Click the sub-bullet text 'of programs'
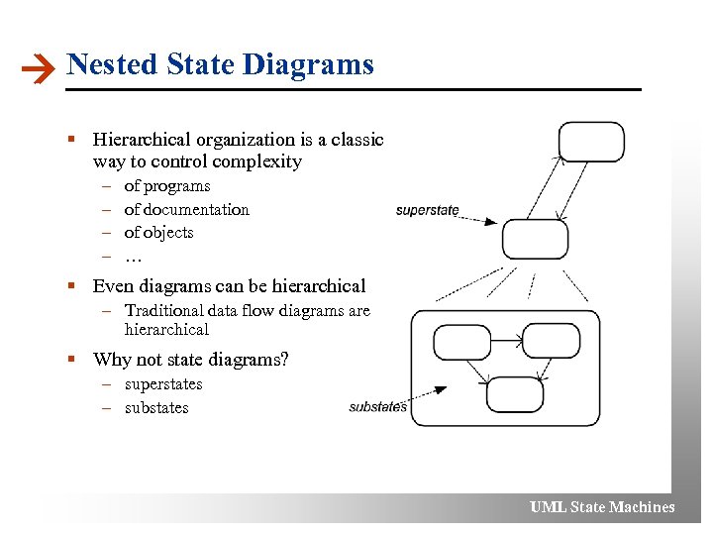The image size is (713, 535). tap(166, 186)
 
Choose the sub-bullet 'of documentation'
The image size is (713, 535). tap(186, 209)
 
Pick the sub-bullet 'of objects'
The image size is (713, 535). tap(158, 233)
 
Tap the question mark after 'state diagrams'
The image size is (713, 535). tap(284, 359)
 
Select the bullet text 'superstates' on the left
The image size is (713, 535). tap(163, 384)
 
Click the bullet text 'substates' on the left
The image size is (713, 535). tap(156, 408)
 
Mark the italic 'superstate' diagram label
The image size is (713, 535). tap(427, 210)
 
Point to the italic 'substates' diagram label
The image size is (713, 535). tap(377, 407)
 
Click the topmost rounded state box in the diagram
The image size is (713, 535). tap(591, 142)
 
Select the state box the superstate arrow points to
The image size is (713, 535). tap(535, 239)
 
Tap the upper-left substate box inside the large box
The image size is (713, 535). tap(462, 342)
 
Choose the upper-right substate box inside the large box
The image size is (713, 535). tap(551, 341)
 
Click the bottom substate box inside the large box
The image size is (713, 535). tap(515, 393)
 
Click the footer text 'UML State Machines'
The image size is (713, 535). tap(602, 507)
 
